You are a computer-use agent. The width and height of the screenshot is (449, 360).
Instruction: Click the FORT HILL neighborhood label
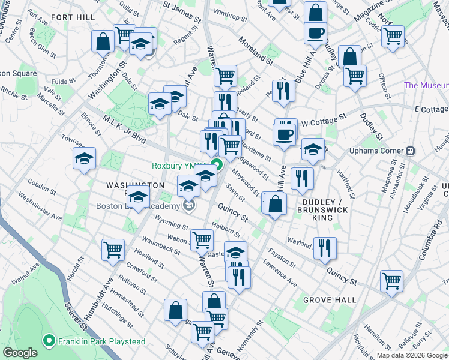[x=73, y=17]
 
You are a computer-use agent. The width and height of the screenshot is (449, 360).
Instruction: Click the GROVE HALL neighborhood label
[x=329, y=299]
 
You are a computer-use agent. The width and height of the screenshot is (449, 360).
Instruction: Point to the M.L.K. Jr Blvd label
[x=124, y=130]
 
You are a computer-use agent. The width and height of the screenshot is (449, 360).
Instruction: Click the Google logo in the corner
[x=20, y=353]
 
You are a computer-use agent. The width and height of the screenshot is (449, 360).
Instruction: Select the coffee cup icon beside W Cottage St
[x=285, y=133]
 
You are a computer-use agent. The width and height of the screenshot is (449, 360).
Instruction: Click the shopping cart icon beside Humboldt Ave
[x=113, y=249]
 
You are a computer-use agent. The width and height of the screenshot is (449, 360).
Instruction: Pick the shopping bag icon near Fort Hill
[x=103, y=41]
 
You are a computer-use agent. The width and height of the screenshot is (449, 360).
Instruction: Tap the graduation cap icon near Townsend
[x=85, y=158]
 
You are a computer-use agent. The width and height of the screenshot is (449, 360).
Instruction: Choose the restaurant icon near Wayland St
[x=324, y=247]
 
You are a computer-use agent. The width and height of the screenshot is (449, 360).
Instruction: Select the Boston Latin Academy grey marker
[x=190, y=206]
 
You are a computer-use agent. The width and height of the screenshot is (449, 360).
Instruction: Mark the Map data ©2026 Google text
[x=412, y=355]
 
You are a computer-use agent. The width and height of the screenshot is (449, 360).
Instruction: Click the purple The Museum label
[x=426, y=85]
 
